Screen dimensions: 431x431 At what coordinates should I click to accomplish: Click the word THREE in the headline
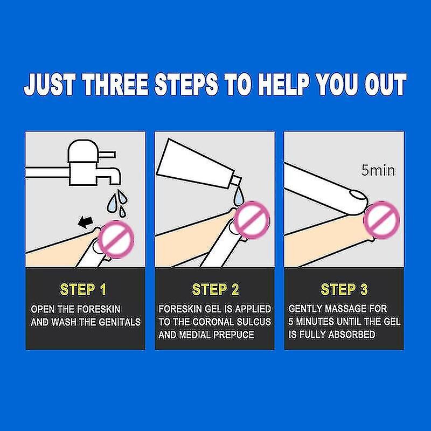116,85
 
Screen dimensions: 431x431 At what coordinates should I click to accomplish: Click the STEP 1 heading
83,289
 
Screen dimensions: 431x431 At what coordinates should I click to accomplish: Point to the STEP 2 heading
215,289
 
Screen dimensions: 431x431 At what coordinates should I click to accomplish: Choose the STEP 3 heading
344,289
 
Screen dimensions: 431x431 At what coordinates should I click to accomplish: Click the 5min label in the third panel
378,170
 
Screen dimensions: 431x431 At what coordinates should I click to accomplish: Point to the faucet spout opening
115,183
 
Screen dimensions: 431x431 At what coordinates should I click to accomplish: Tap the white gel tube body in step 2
195,164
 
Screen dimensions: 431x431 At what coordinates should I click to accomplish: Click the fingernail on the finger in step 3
357,195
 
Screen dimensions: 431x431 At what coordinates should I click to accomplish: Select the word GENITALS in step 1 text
120,322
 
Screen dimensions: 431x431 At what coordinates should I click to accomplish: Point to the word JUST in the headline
50,85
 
